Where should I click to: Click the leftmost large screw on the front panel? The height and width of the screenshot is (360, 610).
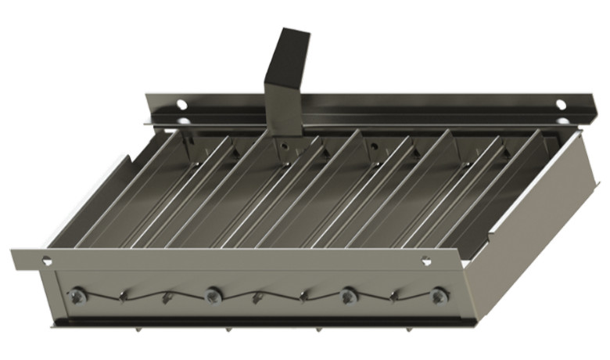pos(77,295)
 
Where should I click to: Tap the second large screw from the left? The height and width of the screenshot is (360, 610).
pos(212,295)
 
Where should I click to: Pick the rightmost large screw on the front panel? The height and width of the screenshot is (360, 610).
pos(440,296)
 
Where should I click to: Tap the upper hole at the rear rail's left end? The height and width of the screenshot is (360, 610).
pos(181,104)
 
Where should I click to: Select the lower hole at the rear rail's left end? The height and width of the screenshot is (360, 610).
pos(181,121)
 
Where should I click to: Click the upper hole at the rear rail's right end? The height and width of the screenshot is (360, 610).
pos(560,103)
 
